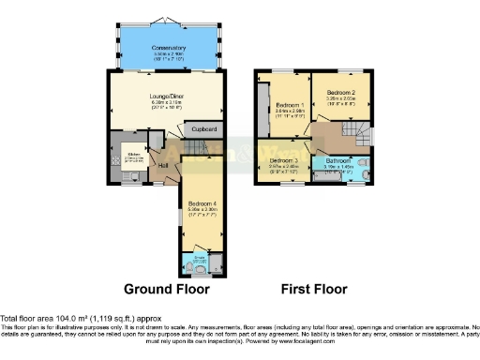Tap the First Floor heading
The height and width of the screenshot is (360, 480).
click(314, 289)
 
